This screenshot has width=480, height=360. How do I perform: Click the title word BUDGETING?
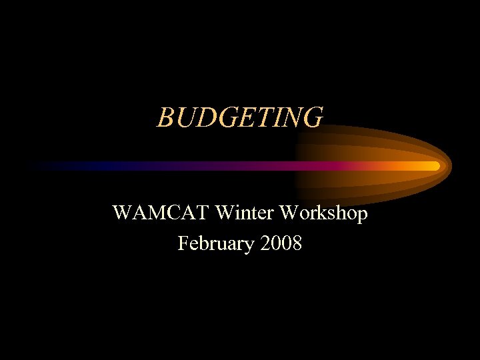(x=240, y=117)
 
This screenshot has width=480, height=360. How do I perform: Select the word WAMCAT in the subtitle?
(x=153, y=213)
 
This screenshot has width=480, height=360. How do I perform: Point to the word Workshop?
(x=323, y=214)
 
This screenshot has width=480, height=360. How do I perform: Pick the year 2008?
(x=282, y=244)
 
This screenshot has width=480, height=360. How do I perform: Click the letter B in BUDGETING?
(x=165, y=117)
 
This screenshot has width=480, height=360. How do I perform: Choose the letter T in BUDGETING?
(x=261, y=117)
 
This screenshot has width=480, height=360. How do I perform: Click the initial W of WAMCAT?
(x=123, y=213)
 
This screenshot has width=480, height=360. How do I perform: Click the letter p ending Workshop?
(x=361, y=215)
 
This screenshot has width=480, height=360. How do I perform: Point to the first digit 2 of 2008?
(x=267, y=244)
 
